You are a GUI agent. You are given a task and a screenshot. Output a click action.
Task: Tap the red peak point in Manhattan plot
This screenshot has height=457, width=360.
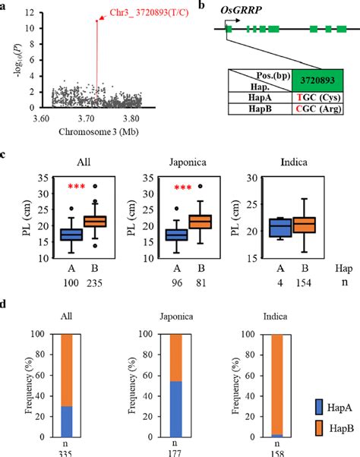[96, 21]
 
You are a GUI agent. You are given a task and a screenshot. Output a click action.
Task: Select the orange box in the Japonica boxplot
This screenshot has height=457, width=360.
[200, 222]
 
